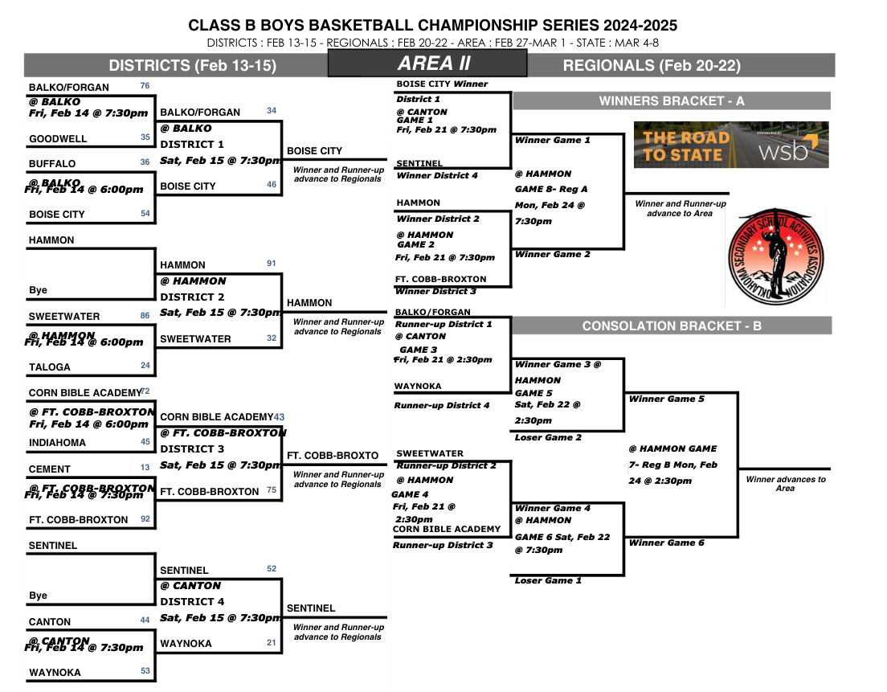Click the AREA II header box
point(427,63)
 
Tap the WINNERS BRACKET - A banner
point(671,100)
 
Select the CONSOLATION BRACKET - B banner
point(671,326)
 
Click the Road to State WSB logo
point(730,145)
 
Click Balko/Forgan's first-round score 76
point(145,86)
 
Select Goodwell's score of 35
point(145,137)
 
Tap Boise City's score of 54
point(145,213)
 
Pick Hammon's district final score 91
point(272,264)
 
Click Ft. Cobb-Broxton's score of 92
point(145,518)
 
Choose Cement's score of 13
point(145,468)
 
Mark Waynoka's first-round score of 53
point(145,671)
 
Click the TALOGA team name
point(50,367)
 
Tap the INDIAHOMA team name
point(57,443)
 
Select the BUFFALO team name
point(52,164)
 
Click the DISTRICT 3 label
point(192,449)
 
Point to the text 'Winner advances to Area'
point(785,484)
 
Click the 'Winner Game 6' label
point(666,543)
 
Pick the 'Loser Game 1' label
point(547,580)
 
